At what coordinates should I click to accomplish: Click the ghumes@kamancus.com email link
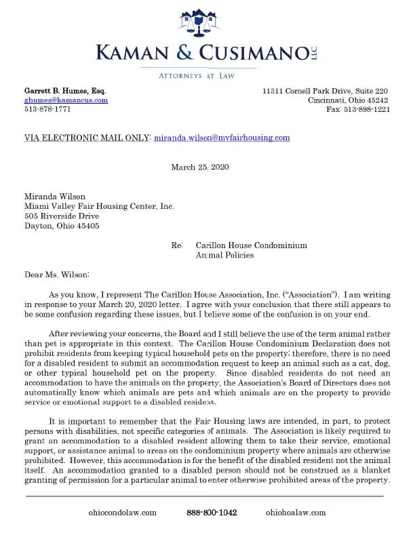coord(66,100)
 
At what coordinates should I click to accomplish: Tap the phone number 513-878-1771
coord(47,108)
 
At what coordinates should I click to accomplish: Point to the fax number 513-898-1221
coord(358,108)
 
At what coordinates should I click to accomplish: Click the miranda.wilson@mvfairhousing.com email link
coord(222,138)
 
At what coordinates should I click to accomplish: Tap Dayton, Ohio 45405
coord(62,226)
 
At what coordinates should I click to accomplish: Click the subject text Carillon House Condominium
coord(251,245)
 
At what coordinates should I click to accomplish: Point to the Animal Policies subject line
coord(224,256)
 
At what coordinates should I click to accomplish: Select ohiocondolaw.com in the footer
coord(123,513)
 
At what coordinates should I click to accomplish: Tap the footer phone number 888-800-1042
coord(212,513)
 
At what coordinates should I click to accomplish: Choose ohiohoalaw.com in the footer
coord(296,513)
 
